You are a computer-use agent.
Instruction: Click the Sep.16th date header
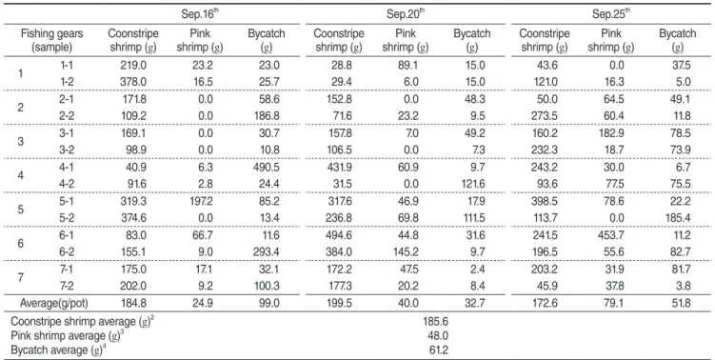click(x=201, y=13)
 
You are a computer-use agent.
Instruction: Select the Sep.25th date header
click(x=611, y=13)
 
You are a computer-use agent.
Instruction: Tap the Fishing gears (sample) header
click(x=52, y=40)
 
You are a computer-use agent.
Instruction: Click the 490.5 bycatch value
click(x=267, y=167)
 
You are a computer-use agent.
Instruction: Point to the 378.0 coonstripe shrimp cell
click(x=133, y=82)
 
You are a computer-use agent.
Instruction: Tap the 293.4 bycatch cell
click(x=267, y=252)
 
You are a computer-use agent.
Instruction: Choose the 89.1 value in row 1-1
click(x=407, y=66)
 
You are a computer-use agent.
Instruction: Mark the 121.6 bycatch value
click(x=472, y=184)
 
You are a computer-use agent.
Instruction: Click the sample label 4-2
click(x=67, y=184)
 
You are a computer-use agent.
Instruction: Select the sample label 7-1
click(x=67, y=270)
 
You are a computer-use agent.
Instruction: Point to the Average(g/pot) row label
click(x=54, y=303)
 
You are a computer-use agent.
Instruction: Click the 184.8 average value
click(x=133, y=303)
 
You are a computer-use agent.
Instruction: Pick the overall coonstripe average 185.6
click(x=435, y=322)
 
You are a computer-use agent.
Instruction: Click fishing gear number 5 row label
click(x=21, y=210)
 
